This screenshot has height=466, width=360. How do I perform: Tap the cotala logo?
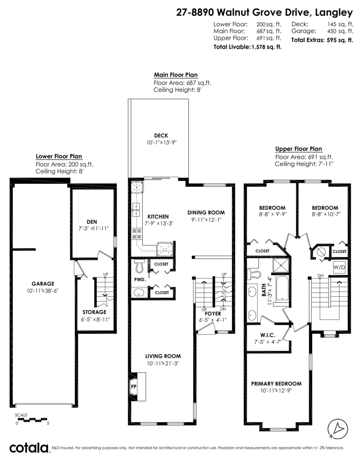click(29, 448)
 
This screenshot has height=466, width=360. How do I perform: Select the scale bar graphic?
click(33, 419)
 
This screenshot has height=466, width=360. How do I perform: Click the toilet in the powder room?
click(139, 266)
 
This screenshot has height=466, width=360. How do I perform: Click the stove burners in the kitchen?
click(137, 233)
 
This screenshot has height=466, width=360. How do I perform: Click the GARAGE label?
click(43, 283)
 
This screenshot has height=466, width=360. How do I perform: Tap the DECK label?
click(161, 136)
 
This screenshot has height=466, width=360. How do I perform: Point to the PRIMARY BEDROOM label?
click(276, 383)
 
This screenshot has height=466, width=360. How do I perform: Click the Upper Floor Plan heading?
click(298, 149)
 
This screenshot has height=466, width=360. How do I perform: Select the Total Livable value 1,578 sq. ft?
click(266, 47)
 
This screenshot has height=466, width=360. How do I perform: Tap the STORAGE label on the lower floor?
click(94, 312)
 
